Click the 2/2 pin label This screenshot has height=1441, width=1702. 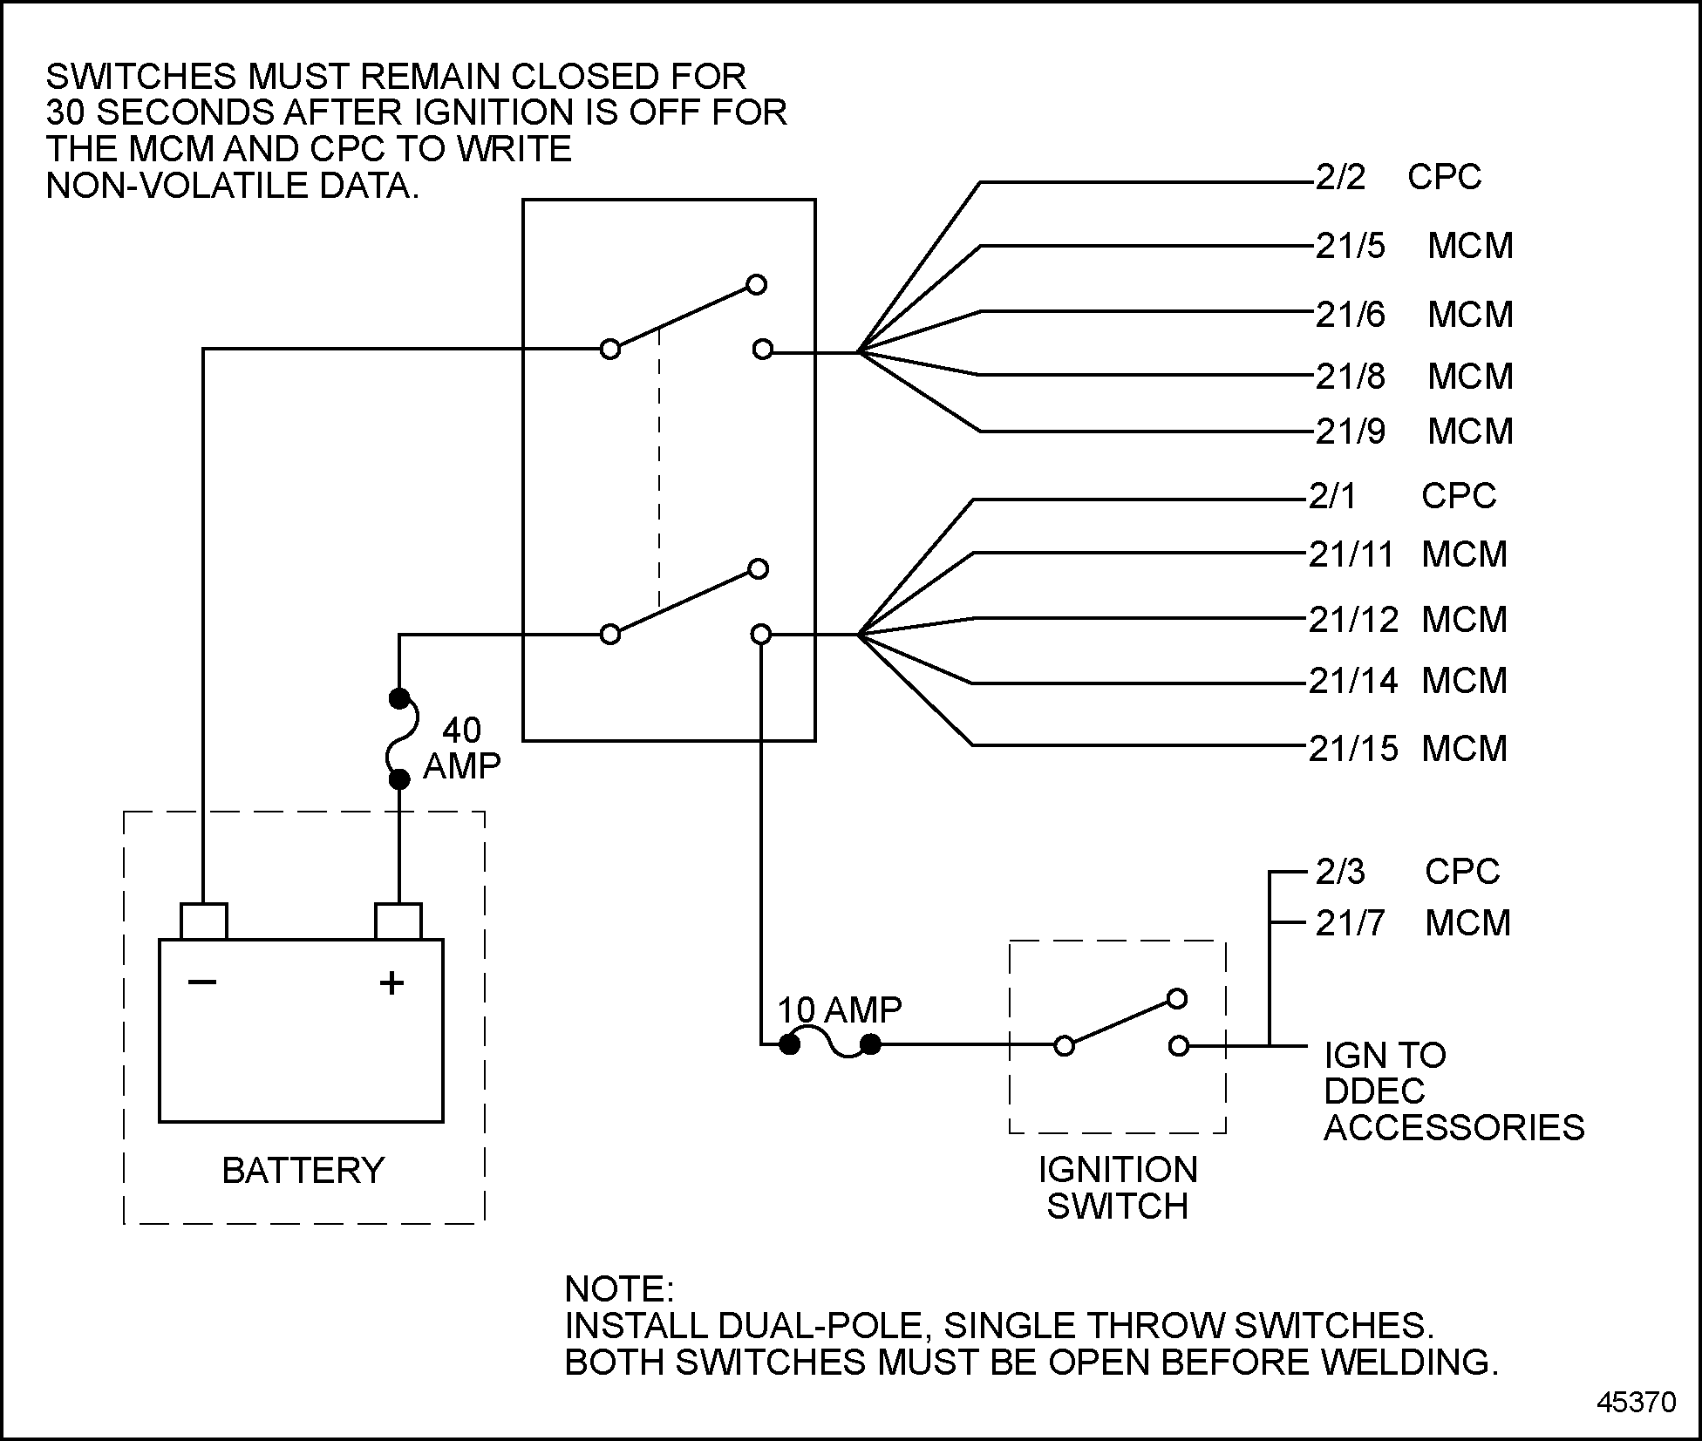1340,178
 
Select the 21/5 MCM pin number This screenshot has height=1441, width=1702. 1350,247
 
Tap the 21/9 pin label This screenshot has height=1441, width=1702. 1350,432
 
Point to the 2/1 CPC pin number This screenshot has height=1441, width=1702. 1332,497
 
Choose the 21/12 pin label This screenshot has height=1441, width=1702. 1353,621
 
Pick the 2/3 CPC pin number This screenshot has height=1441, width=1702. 1340,873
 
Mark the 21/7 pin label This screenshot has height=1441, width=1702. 1350,924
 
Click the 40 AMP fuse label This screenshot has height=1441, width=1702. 461,748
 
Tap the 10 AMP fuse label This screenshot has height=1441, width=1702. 839,1010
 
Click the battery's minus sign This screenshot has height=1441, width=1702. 202,982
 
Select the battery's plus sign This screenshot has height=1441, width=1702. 391,983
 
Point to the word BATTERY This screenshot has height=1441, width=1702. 303,1171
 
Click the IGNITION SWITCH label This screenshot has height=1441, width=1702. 1117,1188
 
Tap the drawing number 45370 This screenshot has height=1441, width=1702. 1637,1402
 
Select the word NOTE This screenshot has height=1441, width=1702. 619,1289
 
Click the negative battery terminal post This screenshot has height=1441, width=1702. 203,921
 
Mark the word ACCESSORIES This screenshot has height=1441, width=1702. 1454,1128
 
